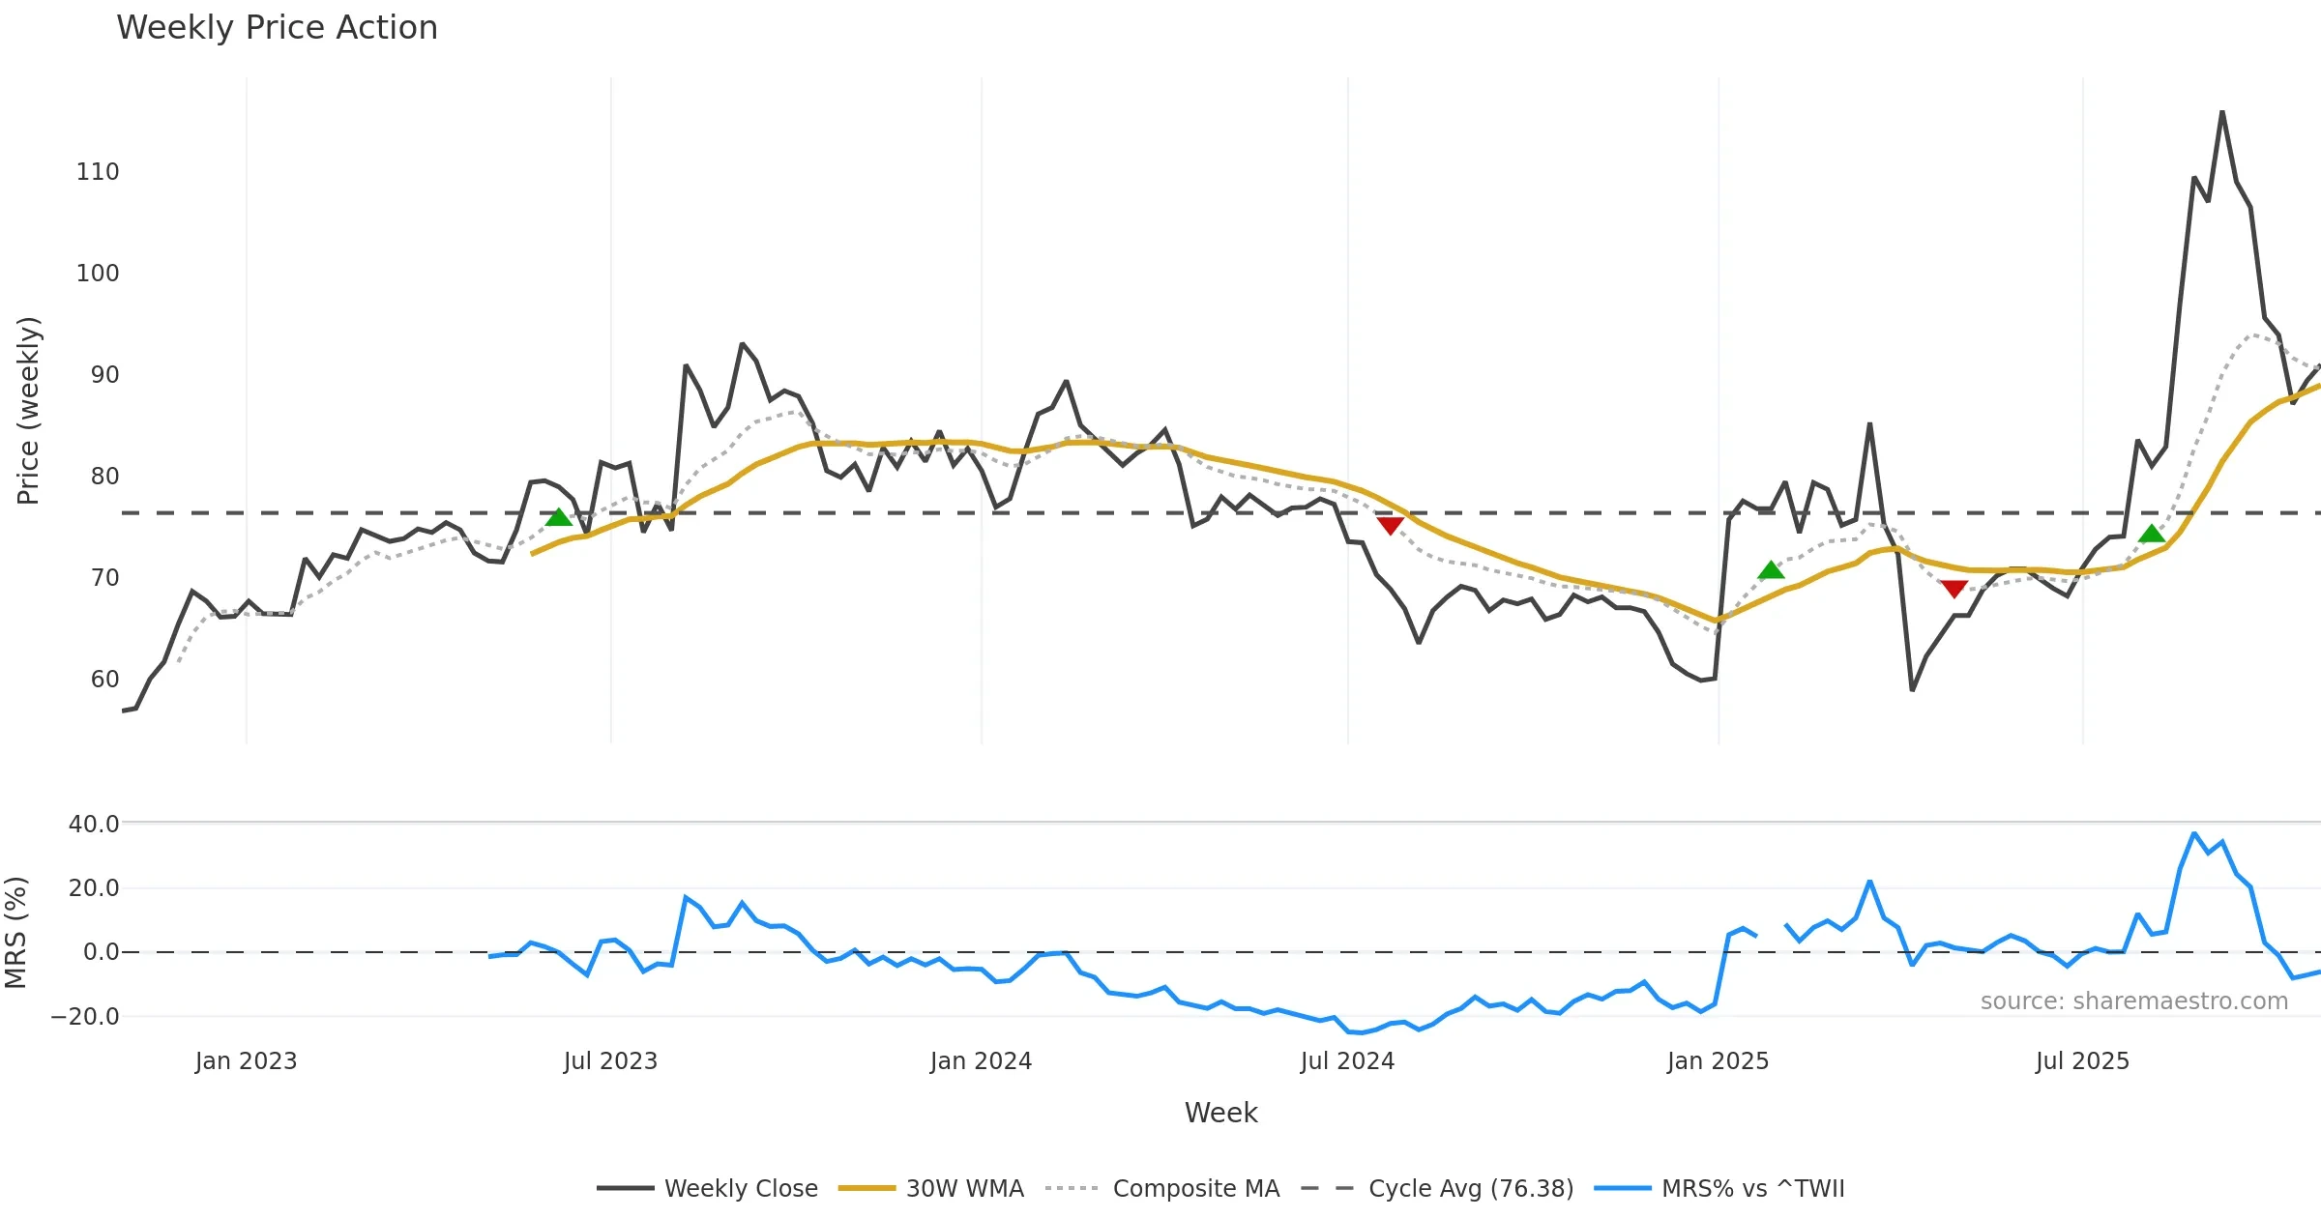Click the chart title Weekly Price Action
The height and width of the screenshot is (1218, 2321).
(277, 28)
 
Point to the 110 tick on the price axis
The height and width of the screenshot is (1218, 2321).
(98, 172)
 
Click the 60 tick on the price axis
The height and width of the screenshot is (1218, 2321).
(104, 680)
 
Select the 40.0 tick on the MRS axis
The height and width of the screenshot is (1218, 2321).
(94, 825)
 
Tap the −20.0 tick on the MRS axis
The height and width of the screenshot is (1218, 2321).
(85, 1017)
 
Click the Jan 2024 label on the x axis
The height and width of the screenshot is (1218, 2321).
(981, 1061)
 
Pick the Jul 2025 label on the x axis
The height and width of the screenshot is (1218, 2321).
(2082, 1061)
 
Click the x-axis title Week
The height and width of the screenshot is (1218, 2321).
(1220, 1113)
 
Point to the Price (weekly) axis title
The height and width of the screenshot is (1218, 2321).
(28, 411)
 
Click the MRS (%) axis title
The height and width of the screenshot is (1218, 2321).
(15, 933)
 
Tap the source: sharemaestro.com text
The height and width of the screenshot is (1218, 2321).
(2133, 1001)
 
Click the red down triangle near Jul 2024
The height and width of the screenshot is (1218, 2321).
(1390, 526)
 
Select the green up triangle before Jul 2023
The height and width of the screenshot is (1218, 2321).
(558, 517)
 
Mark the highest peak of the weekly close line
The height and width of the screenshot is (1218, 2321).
(2222, 112)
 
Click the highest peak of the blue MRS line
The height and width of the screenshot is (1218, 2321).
(2194, 833)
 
